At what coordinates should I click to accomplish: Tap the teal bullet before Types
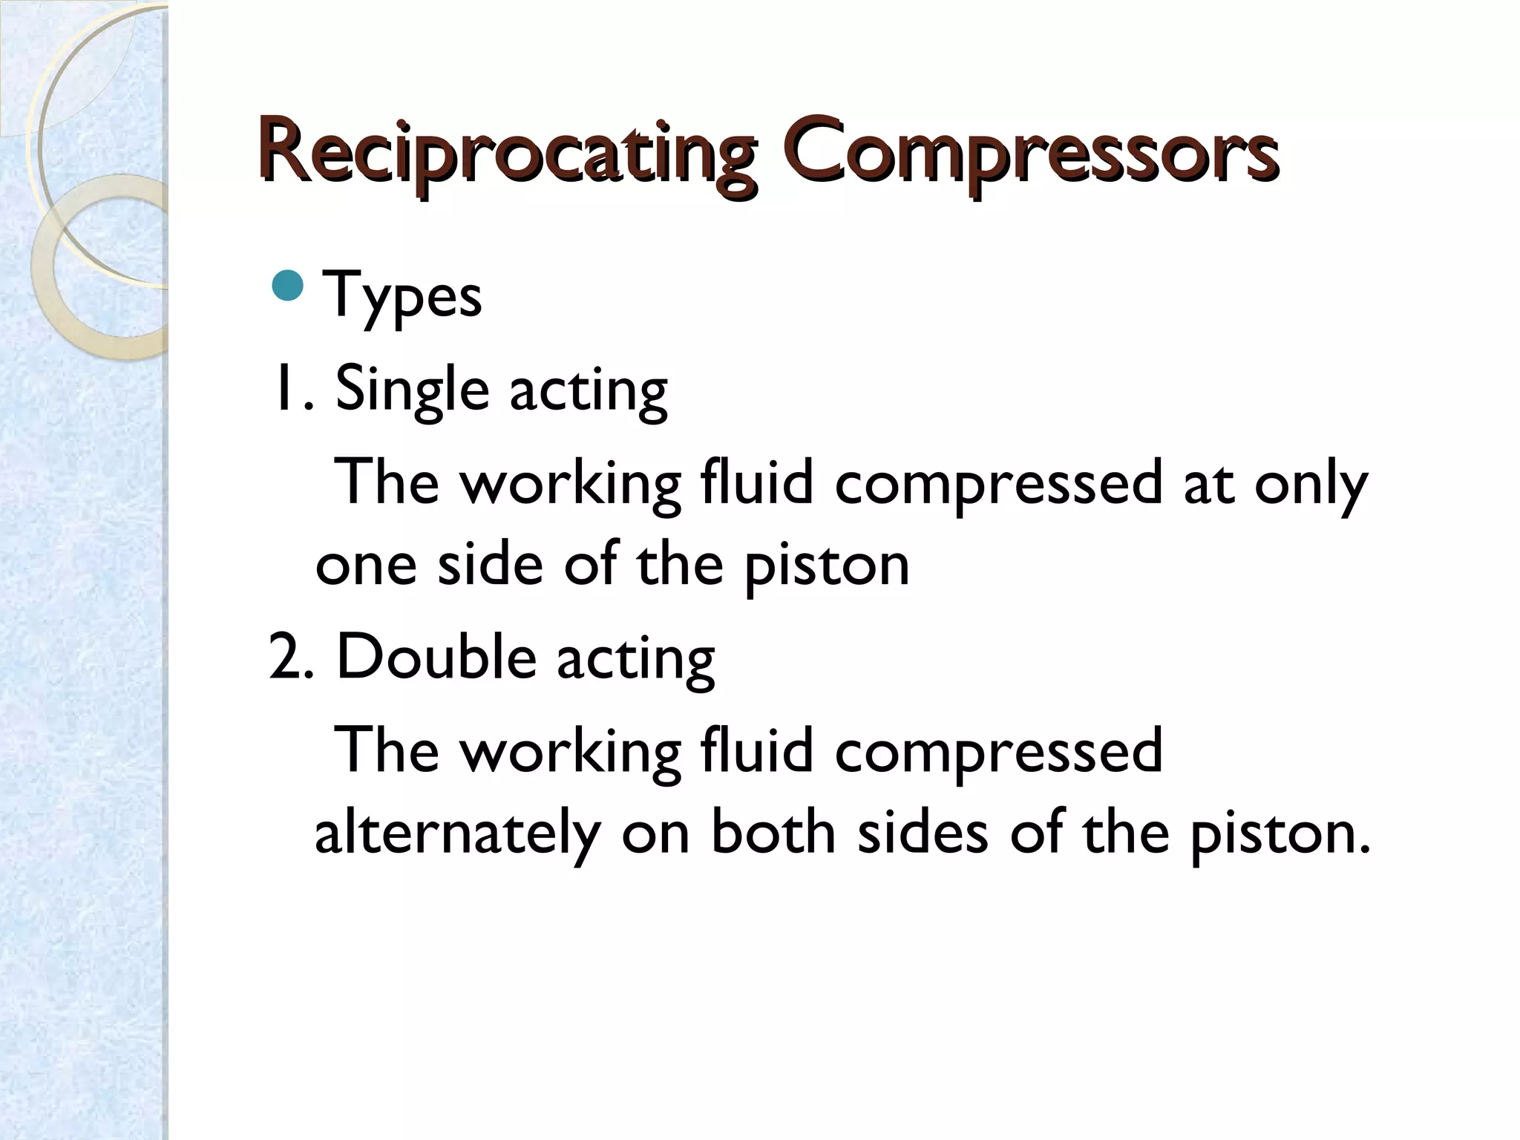[x=288, y=286]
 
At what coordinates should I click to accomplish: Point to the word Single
[x=412, y=390]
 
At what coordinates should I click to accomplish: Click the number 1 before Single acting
[x=283, y=389]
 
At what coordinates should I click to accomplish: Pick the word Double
[x=436, y=658]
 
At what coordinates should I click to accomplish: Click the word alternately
[x=456, y=833]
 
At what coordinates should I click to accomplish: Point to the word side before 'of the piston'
[x=491, y=564]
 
